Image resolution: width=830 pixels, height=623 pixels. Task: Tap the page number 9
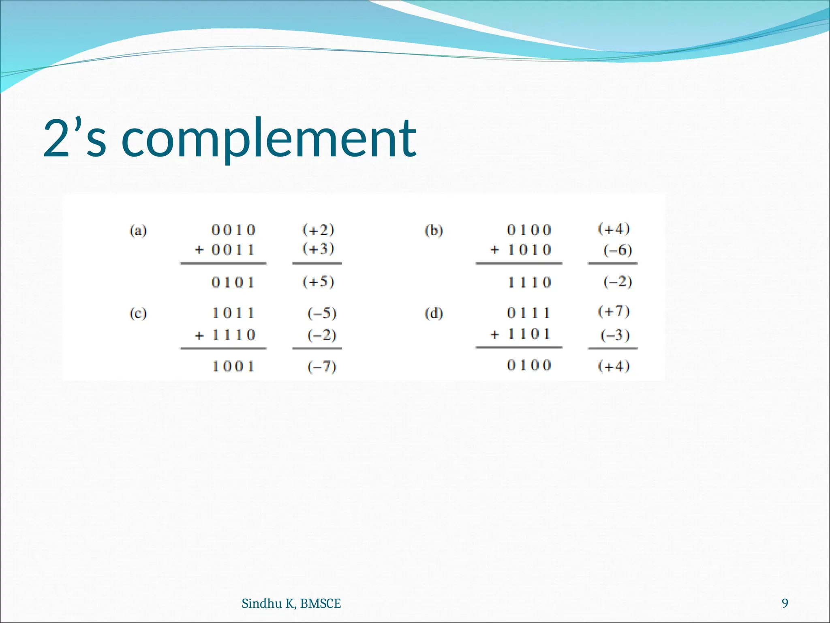(x=785, y=603)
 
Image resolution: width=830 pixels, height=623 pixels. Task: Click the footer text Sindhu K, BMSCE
(x=291, y=604)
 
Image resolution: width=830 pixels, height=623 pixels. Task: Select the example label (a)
(x=138, y=231)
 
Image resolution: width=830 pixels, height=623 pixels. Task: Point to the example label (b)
(x=434, y=231)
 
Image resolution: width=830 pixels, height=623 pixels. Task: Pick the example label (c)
(x=138, y=314)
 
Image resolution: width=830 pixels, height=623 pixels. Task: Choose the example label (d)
(x=434, y=314)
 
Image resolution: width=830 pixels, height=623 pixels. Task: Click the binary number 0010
(x=233, y=230)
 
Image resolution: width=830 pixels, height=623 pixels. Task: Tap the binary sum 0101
(x=233, y=282)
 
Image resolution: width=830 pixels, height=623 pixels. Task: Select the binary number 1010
(x=529, y=250)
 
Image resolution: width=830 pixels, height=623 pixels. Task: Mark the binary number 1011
(x=233, y=313)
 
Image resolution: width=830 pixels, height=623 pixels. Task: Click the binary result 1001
(x=233, y=367)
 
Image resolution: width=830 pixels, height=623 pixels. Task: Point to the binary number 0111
(x=529, y=313)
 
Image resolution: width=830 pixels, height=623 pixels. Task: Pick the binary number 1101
(x=529, y=334)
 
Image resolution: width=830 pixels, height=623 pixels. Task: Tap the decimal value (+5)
(x=319, y=282)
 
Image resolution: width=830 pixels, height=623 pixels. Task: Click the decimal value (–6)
(x=617, y=250)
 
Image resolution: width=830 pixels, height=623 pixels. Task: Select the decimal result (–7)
(x=322, y=367)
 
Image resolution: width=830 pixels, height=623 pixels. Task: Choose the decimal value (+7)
(x=614, y=311)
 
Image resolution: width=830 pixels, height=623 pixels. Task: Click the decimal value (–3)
(x=615, y=335)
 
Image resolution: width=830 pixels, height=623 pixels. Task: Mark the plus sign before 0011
(x=199, y=250)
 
